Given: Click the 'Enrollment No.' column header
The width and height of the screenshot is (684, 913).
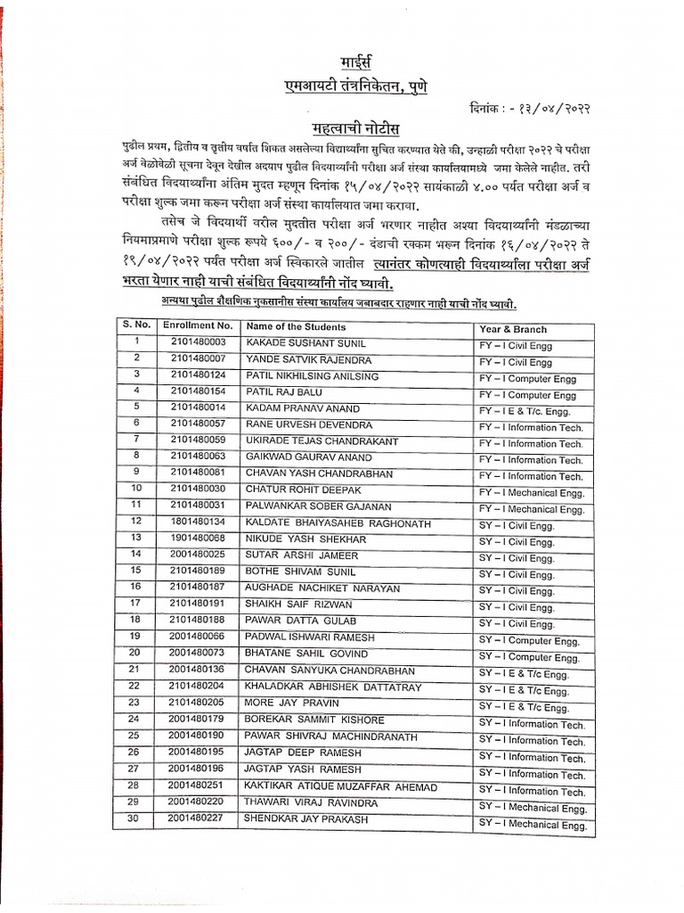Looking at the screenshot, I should point(198,325).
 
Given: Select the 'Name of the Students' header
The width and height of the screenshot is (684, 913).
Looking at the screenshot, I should point(297,326).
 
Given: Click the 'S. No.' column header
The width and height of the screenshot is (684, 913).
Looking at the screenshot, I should point(136,325).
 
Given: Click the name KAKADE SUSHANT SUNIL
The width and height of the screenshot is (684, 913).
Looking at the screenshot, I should point(293,342).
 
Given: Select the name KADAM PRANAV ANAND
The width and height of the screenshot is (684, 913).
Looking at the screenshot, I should point(294,407).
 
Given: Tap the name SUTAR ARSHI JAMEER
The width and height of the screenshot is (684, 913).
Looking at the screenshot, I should point(290,554).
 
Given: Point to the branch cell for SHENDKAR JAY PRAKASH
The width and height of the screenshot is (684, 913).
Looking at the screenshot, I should point(533,825).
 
